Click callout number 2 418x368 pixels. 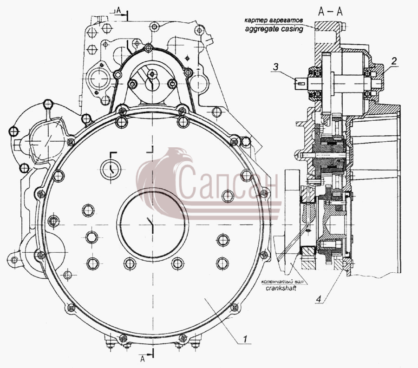(394, 61)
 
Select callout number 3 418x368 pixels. (275, 66)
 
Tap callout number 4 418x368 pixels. (319, 299)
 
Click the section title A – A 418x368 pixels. (330, 12)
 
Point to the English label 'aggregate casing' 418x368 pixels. (274, 29)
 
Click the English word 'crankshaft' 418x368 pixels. (281, 288)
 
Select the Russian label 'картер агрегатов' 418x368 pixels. (274, 20)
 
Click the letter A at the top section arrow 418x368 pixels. (119, 10)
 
